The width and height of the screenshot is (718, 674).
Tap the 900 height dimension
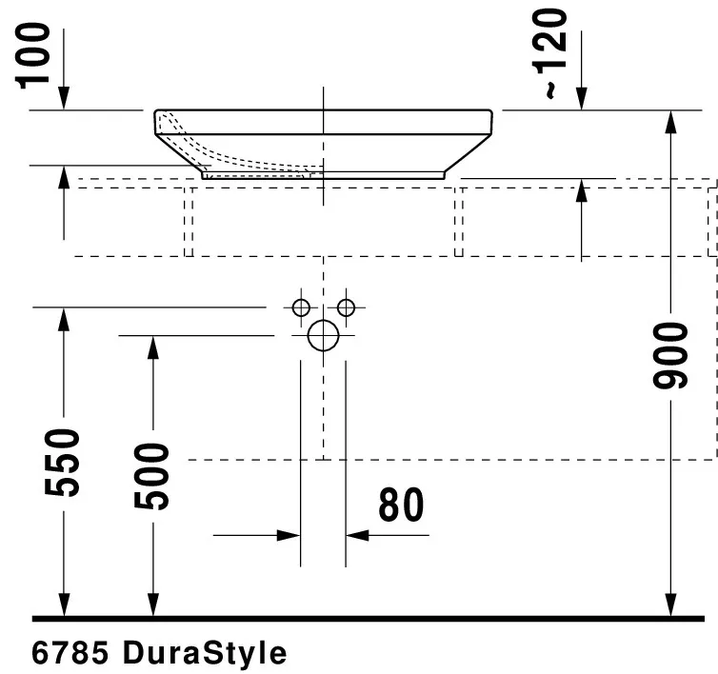tap(671, 355)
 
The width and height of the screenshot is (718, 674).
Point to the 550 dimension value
tap(64, 463)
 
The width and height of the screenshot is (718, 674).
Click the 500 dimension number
tap(151, 476)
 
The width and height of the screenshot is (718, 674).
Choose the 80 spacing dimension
tap(400, 506)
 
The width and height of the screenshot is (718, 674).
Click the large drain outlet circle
tap(324, 335)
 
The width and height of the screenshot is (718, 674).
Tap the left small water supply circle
tap(301, 307)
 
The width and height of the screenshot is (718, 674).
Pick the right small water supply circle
tap(346, 307)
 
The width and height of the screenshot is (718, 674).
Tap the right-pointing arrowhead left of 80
tap(289, 536)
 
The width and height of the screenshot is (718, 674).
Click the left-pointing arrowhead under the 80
tap(357, 536)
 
